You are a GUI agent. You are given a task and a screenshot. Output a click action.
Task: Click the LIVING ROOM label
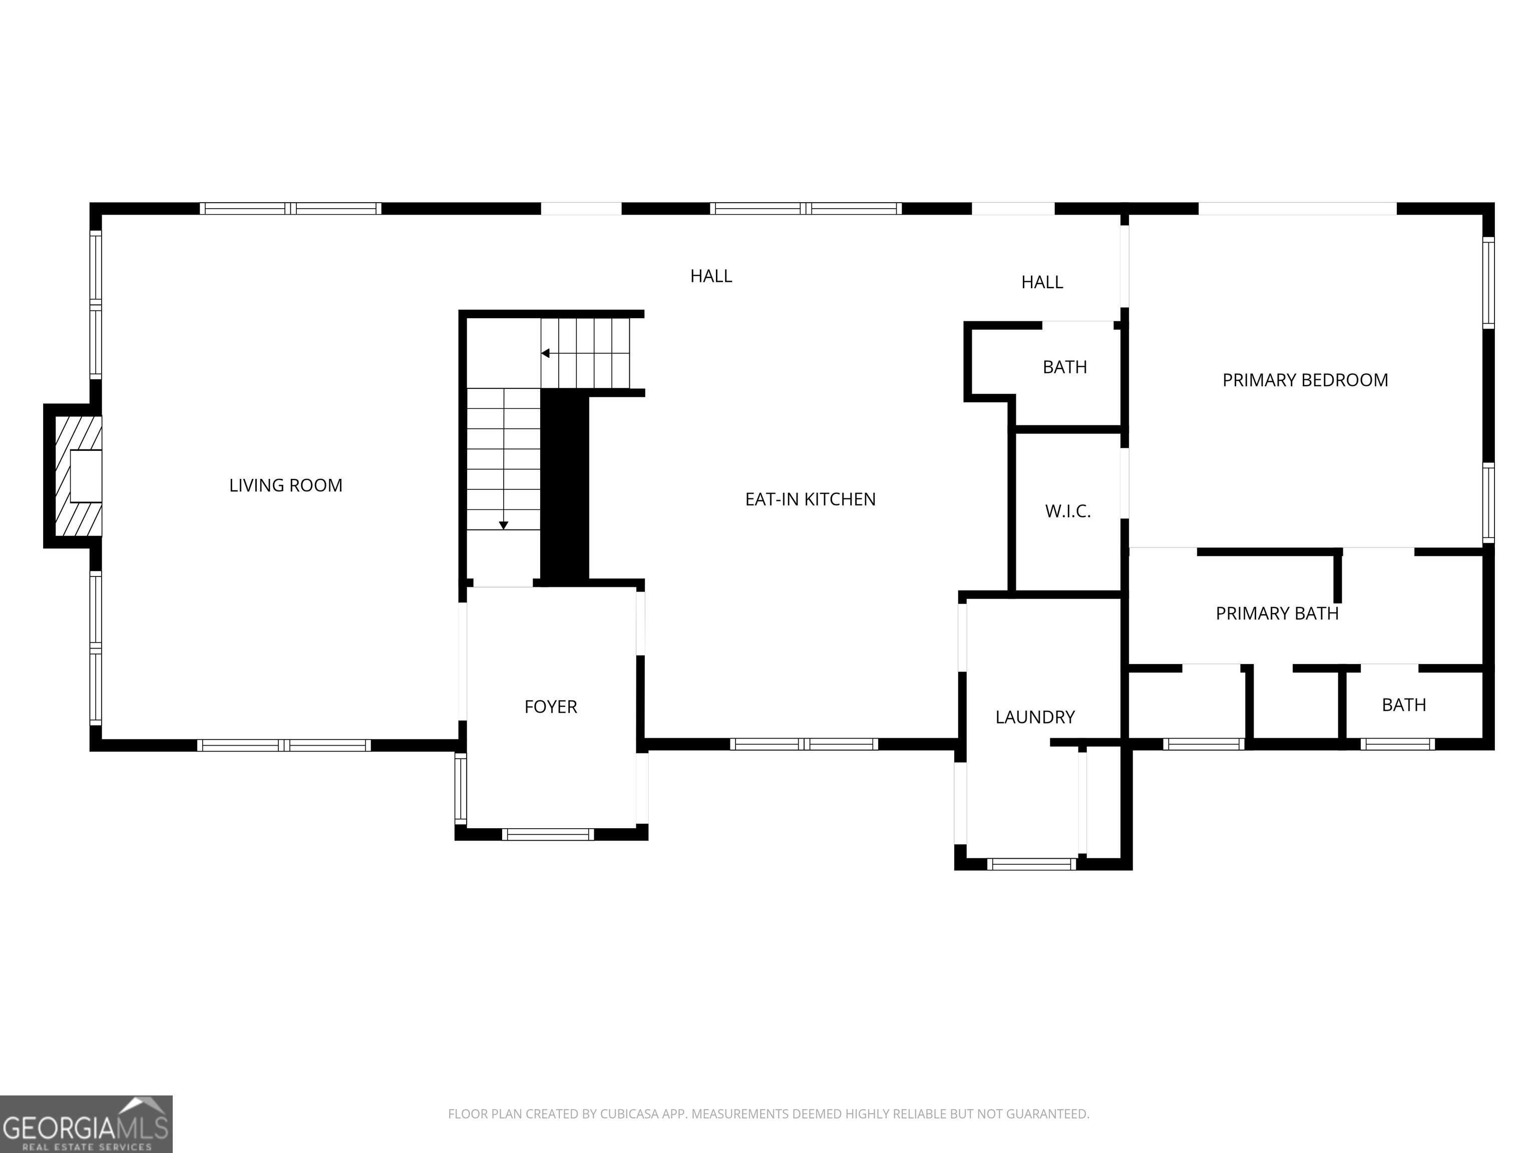tap(286, 485)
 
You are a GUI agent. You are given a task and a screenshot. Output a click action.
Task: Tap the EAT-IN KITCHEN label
tap(810, 499)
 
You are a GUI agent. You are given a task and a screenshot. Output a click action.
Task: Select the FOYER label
tap(551, 707)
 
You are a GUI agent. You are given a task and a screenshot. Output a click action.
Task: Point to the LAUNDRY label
tap(1035, 717)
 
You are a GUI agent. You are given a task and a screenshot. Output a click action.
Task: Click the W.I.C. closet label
tap(1067, 511)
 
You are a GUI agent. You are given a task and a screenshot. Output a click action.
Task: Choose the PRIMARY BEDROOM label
tap(1304, 380)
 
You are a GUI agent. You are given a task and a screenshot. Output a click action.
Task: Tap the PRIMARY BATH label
tap(1277, 614)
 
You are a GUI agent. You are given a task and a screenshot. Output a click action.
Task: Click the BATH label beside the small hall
tap(1064, 367)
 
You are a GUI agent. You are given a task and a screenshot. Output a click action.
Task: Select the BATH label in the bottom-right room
tap(1403, 705)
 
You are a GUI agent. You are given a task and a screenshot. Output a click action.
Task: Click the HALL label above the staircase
tap(710, 276)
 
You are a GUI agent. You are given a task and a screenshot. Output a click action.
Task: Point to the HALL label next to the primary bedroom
tap(1041, 282)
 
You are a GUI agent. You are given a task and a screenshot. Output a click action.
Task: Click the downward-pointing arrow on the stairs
tap(503, 525)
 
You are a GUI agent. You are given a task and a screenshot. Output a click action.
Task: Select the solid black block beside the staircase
tap(565, 486)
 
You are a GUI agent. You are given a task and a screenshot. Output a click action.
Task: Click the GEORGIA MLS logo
tap(86, 1124)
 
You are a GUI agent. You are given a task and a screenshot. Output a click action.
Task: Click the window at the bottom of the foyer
tap(548, 835)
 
